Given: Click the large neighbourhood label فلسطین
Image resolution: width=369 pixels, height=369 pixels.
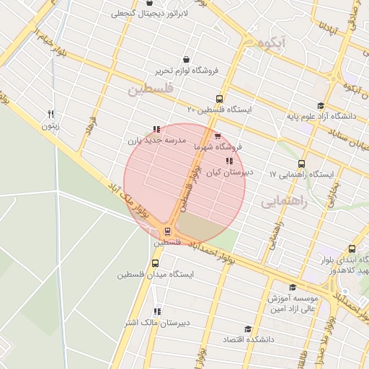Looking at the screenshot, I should click(151, 90).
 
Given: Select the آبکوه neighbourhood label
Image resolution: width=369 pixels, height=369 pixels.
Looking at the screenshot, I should click(275, 43).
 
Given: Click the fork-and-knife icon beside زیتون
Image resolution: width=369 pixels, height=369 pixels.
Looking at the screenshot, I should click(50, 115).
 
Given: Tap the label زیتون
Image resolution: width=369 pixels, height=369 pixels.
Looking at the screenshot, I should click(49, 127).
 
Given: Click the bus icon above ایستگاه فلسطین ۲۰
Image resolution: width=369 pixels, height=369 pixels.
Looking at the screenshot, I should click(219, 99).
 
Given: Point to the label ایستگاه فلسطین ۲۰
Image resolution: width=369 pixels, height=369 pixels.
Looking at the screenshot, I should click(219, 110).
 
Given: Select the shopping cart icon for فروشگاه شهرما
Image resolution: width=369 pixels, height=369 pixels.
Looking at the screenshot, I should click(218, 135).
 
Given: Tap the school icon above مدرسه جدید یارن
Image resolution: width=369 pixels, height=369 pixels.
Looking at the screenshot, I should click(156, 129).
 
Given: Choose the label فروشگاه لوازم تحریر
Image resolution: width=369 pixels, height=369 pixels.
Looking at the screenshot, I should click(188, 71).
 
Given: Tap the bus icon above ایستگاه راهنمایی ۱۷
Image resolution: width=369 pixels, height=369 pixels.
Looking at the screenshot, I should click(301, 164).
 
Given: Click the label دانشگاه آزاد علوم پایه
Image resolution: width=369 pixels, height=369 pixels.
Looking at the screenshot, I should click(321, 115).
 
